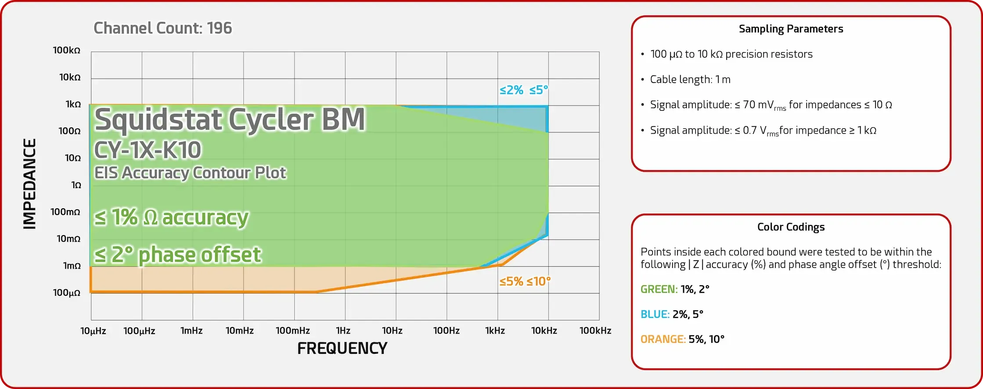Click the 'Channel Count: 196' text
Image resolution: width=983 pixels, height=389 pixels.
(162, 28)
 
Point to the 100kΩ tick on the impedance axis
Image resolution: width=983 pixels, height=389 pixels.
(67, 51)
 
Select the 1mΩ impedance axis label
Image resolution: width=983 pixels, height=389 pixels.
(72, 266)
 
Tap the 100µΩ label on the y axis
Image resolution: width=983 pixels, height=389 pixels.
(67, 293)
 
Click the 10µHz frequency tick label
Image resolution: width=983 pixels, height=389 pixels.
(93, 331)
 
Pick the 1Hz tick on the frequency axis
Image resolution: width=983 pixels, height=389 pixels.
(343, 331)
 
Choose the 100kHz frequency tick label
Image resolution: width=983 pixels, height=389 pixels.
(595, 331)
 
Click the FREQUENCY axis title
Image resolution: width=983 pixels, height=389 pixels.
(342, 349)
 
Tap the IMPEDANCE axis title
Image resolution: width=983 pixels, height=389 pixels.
(29, 184)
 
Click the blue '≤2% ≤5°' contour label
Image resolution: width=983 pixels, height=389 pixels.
(524, 90)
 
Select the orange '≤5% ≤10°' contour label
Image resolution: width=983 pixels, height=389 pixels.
(525, 281)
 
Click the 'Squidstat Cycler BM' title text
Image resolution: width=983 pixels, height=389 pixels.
(230, 120)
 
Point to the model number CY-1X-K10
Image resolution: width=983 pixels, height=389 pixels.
(148, 150)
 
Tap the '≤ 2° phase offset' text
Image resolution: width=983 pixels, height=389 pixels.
(178, 255)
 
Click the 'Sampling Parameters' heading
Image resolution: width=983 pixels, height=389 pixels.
(791, 29)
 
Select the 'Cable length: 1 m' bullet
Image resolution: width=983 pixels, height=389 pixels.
(690, 80)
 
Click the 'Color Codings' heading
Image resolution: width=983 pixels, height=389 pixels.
(791, 227)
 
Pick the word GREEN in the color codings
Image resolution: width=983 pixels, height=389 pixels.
(659, 289)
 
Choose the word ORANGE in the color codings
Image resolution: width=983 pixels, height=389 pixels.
(663, 339)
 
